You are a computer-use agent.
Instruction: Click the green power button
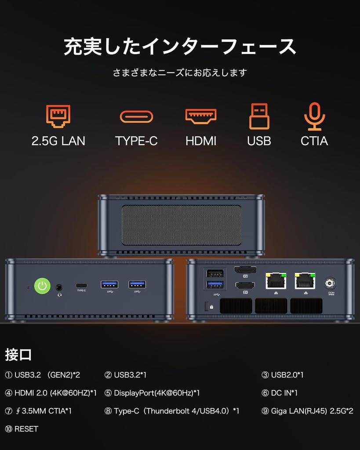click(42, 287)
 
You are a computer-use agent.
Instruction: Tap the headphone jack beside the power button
click(59, 287)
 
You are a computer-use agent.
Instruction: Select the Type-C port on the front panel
click(81, 284)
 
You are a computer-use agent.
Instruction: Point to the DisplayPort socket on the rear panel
click(246, 270)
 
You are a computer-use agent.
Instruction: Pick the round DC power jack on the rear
click(331, 283)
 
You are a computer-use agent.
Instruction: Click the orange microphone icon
click(314, 116)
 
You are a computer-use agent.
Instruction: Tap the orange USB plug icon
click(259, 116)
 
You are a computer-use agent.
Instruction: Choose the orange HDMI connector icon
click(201, 116)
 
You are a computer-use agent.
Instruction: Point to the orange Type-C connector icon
click(136, 116)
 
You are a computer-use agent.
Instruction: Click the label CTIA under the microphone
click(314, 141)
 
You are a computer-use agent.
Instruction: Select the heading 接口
click(18, 354)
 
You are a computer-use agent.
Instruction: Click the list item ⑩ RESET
click(22, 429)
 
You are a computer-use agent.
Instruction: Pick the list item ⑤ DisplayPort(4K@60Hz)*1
click(152, 393)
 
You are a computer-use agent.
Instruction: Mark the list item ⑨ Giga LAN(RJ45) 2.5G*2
click(307, 411)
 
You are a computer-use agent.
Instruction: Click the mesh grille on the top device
click(181, 225)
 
